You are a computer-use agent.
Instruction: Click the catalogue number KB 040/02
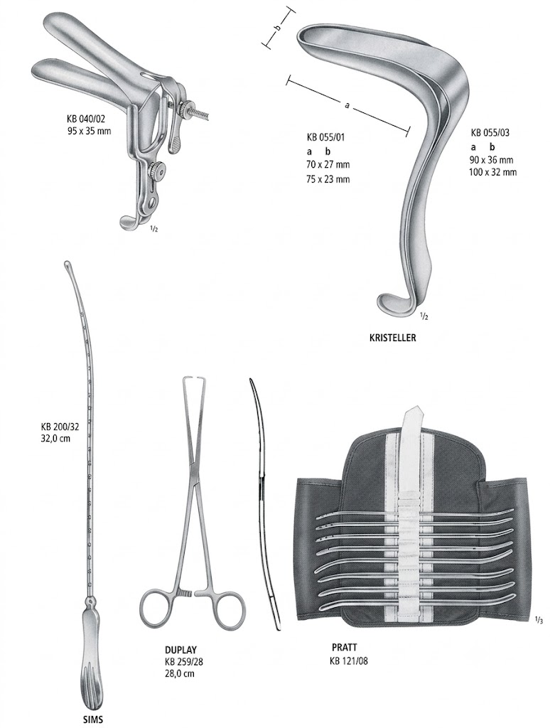click(x=89, y=120)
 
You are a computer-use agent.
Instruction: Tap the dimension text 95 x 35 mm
click(x=89, y=131)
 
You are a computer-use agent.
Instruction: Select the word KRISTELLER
click(x=393, y=338)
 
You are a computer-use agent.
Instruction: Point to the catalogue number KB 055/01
click(x=326, y=137)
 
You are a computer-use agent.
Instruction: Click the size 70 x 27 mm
click(x=328, y=165)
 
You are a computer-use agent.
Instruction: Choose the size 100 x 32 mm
click(x=493, y=172)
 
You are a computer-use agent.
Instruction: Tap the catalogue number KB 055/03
click(x=490, y=132)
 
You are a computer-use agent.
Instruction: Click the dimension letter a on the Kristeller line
click(x=347, y=106)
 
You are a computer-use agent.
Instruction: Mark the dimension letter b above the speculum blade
click(x=278, y=28)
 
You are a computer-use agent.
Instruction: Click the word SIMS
click(x=92, y=719)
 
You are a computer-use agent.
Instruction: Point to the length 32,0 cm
click(x=55, y=438)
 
